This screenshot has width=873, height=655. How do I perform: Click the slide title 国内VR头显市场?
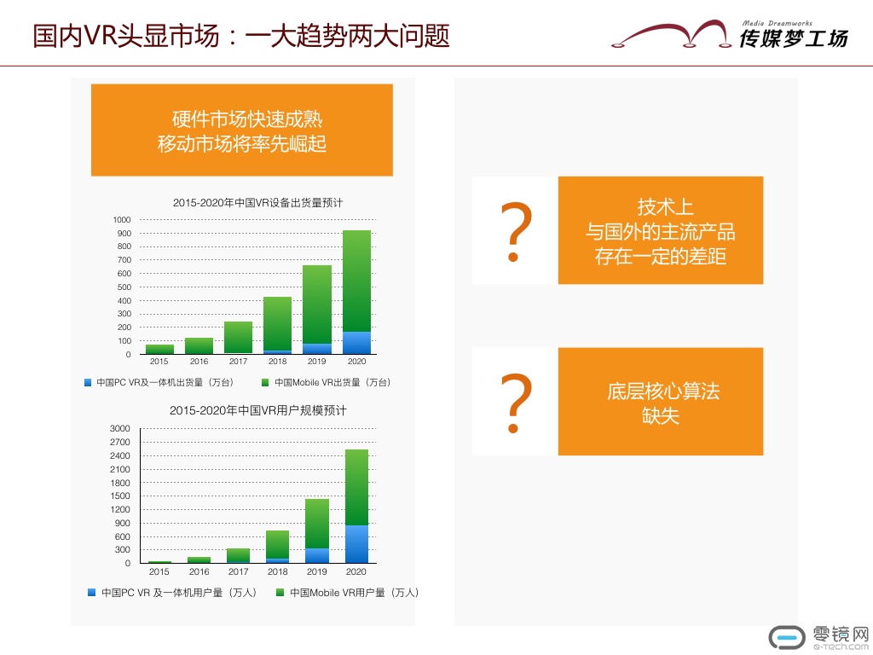click(126, 36)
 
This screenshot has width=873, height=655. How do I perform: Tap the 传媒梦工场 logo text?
click(794, 38)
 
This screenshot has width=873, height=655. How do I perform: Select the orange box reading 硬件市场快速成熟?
click(242, 130)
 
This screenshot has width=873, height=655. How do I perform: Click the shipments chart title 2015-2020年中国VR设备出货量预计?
click(257, 203)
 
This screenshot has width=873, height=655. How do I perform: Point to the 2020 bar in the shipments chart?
click(357, 293)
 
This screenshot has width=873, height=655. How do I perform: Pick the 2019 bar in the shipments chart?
click(317, 310)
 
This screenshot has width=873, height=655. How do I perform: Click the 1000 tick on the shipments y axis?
click(122, 220)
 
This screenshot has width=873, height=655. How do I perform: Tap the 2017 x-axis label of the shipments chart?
click(239, 362)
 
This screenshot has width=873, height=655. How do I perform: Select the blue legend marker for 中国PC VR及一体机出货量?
click(88, 383)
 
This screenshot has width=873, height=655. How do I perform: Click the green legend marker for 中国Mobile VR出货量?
click(266, 383)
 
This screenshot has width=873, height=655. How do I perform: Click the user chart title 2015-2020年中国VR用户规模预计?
click(257, 411)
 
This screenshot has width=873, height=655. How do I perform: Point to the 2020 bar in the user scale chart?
click(357, 507)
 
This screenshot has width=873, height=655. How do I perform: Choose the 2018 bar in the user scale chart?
click(278, 547)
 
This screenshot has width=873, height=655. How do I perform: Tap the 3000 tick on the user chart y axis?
click(120, 428)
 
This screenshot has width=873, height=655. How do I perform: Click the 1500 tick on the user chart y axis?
click(120, 496)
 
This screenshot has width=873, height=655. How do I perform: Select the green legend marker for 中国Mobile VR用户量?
click(280, 593)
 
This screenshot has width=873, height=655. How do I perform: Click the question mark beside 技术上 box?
click(516, 232)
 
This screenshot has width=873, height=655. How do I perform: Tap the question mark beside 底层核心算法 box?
click(516, 403)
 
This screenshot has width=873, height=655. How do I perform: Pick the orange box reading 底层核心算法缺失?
click(661, 402)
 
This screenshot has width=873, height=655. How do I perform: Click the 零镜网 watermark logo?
click(819, 637)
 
